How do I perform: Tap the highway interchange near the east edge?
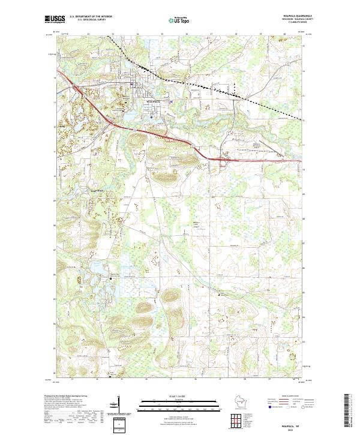[x=223, y=160]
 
